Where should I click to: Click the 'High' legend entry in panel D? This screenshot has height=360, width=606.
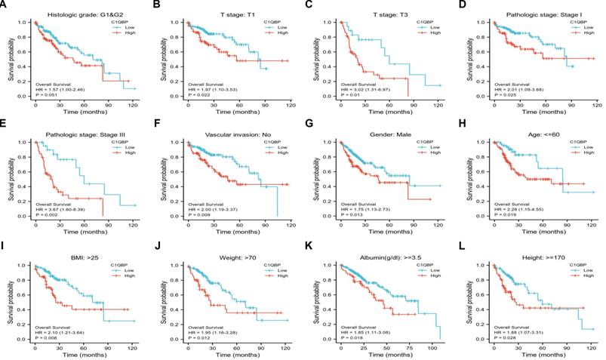point(578,32)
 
